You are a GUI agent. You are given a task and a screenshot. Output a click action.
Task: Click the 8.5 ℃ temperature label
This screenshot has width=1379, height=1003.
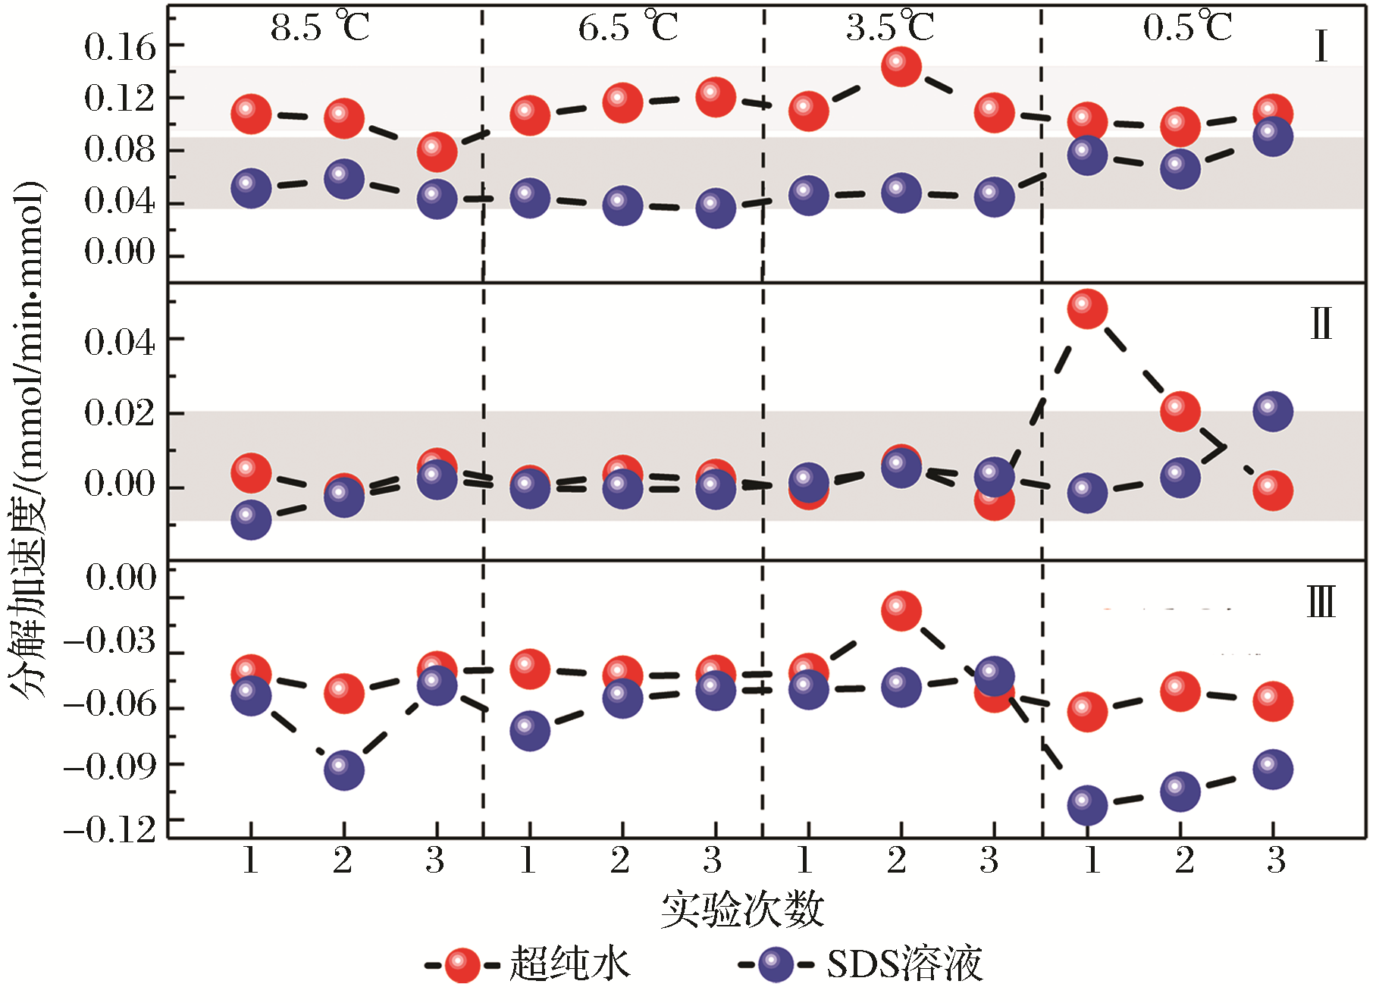[x=320, y=28]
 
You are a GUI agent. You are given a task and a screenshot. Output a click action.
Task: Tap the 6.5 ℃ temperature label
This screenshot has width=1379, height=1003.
[x=628, y=28]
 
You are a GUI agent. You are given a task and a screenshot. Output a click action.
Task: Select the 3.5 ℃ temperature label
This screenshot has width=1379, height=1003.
[x=890, y=28]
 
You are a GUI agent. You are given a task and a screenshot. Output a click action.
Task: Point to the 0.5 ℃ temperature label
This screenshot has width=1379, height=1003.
[x=1187, y=28]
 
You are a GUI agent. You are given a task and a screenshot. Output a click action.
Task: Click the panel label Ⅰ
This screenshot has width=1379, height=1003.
[x=1321, y=47]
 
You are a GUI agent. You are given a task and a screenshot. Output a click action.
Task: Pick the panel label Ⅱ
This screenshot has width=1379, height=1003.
[x=1321, y=324]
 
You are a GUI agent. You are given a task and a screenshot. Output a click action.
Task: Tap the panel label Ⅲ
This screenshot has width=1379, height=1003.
[x=1321, y=603]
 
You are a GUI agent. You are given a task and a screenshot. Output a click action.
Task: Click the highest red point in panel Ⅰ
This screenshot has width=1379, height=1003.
[x=901, y=67]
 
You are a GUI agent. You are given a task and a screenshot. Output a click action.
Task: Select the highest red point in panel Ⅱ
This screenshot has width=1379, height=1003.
[x=1087, y=309]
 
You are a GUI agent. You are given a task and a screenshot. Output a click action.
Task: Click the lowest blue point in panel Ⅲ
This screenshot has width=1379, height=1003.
[x=1087, y=805]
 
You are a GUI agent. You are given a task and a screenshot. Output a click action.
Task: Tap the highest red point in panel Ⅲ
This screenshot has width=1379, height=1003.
[x=901, y=610]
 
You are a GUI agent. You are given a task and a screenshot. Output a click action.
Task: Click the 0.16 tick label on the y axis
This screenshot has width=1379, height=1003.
[x=120, y=48]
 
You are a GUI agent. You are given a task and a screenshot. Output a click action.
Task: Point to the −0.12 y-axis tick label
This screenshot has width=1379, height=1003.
[x=111, y=829]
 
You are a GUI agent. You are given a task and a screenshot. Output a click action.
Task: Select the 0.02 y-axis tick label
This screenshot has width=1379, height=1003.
[x=120, y=413]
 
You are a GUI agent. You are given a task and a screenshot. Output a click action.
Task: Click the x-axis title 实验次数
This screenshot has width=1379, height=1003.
[x=742, y=908]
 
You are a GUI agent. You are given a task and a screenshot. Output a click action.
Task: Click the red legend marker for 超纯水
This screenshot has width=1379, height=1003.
[x=462, y=965]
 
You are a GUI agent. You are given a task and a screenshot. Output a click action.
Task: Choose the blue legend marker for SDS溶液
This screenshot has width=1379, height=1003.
[x=776, y=965]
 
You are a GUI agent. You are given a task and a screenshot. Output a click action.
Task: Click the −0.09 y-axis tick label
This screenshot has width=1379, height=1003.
[x=111, y=766]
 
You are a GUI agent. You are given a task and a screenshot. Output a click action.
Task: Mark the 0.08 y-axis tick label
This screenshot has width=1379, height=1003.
[x=120, y=149]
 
